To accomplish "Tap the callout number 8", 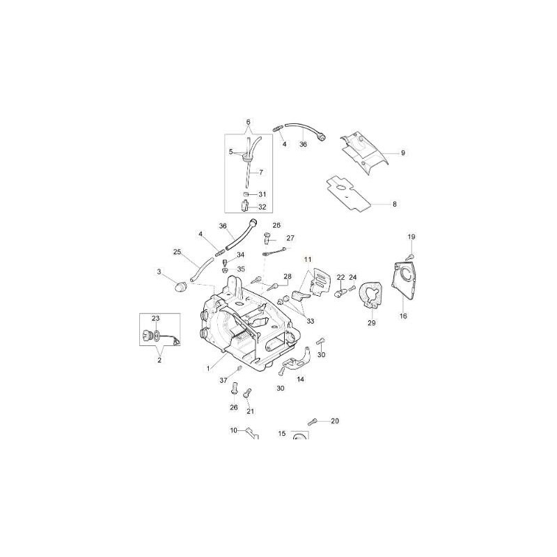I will (395, 204).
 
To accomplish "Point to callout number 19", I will (411, 237).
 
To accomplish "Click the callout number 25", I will (177, 251).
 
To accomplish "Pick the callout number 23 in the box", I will (156, 318).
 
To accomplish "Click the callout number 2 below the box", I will (159, 361).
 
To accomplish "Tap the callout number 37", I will (224, 380).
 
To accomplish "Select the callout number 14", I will (301, 379).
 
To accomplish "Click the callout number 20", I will (334, 421).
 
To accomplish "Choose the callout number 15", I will (282, 433).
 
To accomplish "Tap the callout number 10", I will (234, 430).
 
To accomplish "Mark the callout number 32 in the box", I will (262, 207).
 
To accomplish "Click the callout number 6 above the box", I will (248, 122).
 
